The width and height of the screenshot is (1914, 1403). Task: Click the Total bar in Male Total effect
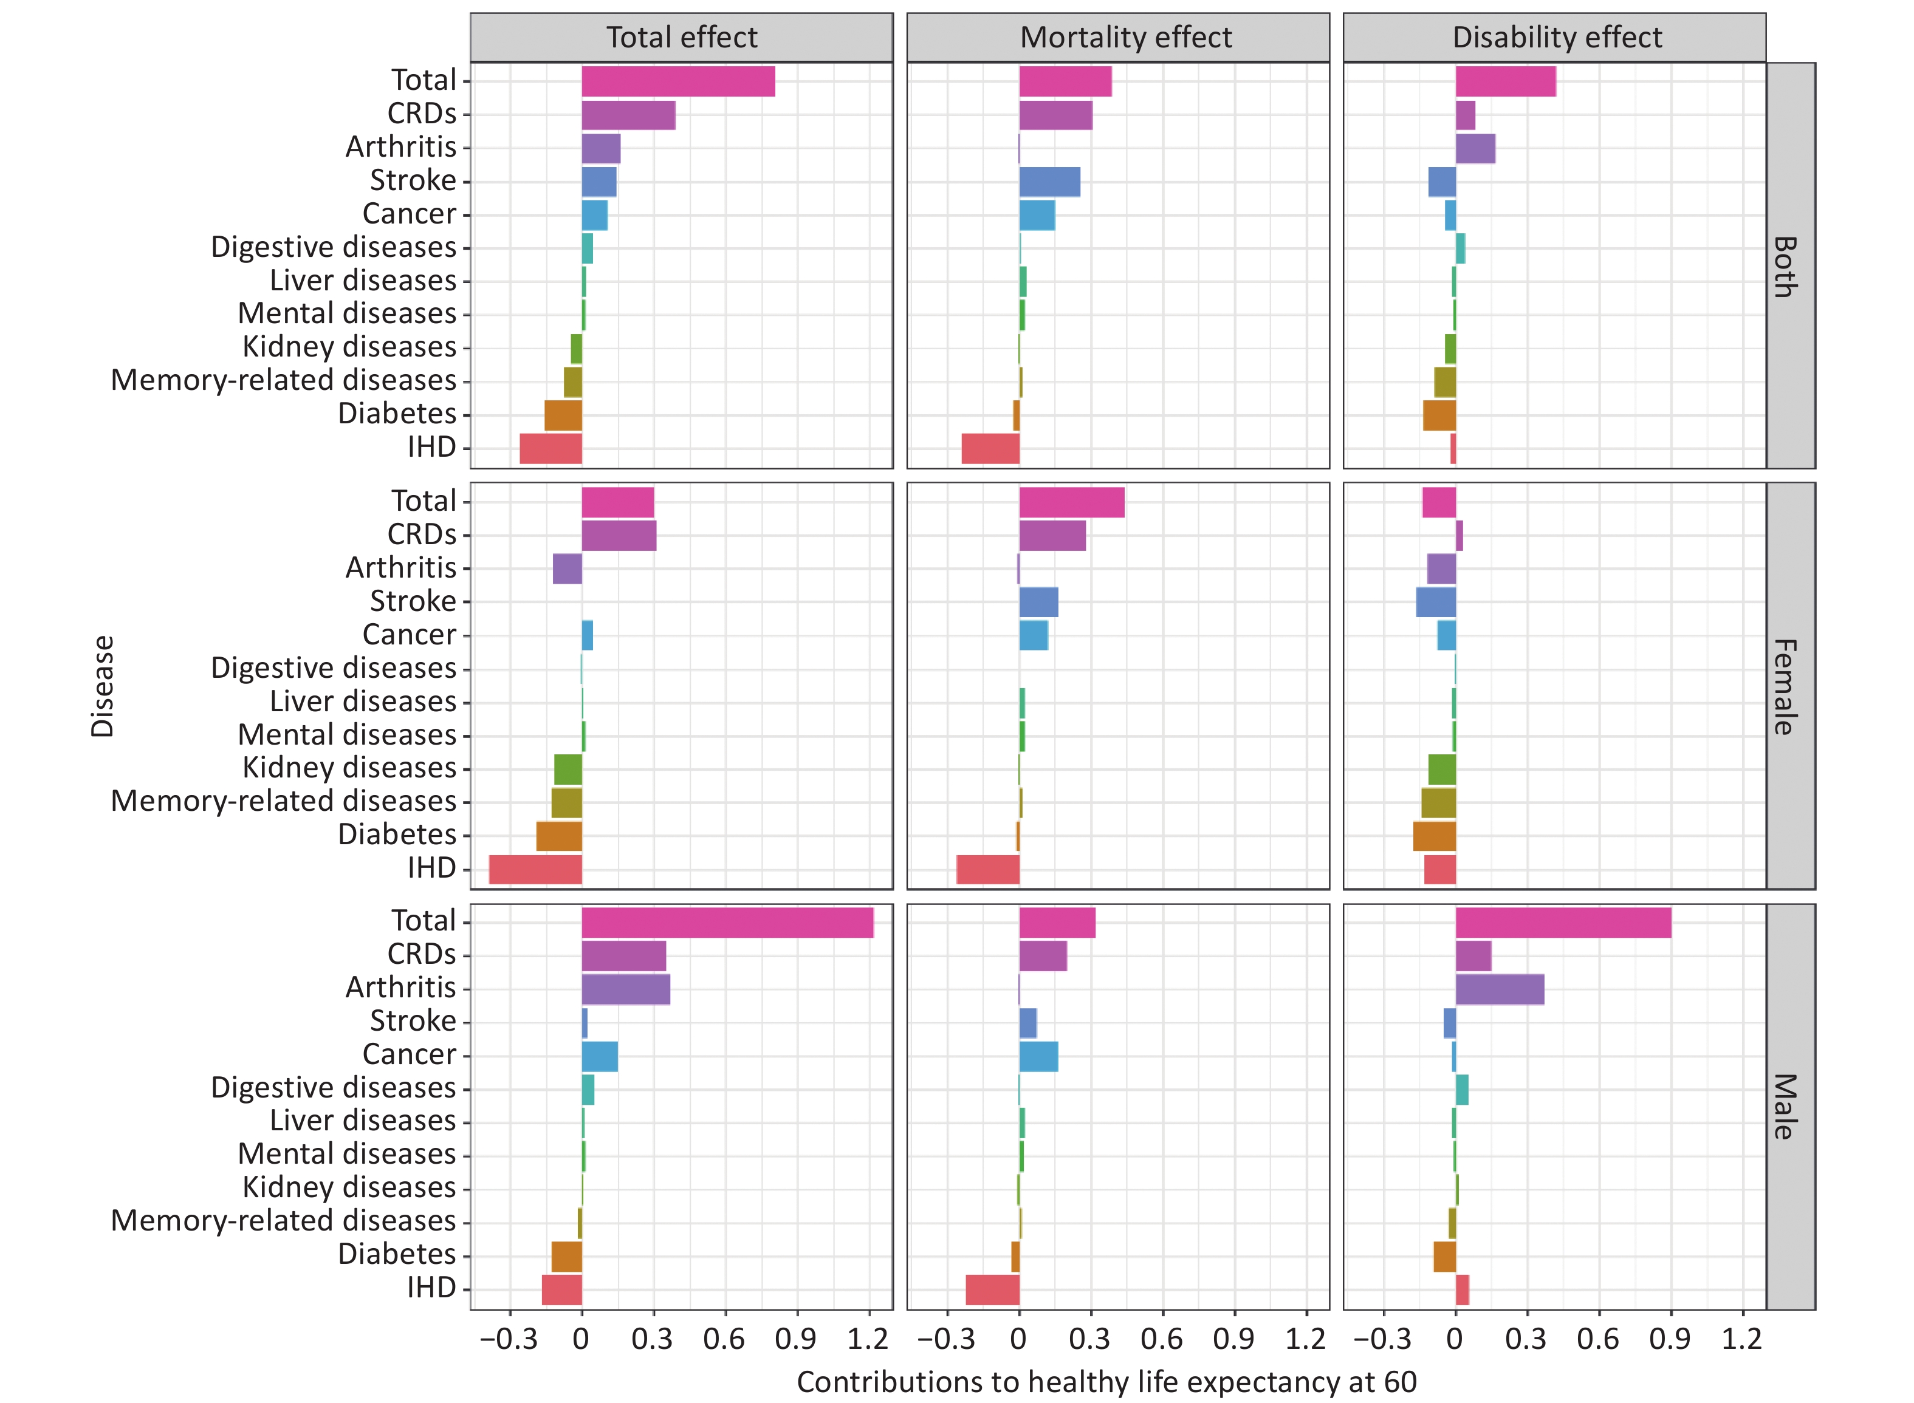click(x=727, y=923)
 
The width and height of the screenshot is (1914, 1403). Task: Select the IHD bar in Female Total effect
click(x=535, y=870)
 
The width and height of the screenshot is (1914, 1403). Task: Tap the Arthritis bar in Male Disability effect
click(x=1500, y=989)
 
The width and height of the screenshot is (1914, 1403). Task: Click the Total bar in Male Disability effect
click(x=1563, y=923)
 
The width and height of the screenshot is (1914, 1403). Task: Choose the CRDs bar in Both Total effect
click(x=629, y=115)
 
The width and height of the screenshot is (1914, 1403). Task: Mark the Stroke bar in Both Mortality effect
click(x=1049, y=182)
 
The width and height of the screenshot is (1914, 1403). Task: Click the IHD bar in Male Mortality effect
click(x=992, y=1289)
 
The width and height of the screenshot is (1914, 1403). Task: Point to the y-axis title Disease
click(x=102, y=686)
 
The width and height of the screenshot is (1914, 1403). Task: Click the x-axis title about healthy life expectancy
click(x=1106, y=1382)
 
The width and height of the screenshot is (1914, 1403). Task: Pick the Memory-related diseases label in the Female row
click(x=284, y=801)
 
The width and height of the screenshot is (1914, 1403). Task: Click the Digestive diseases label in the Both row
click(x=334, y=247)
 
